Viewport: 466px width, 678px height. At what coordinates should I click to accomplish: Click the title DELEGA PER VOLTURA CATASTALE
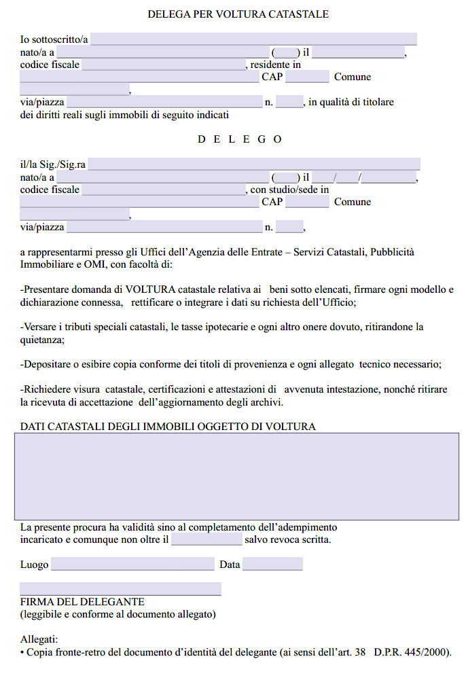(x=238, y=14)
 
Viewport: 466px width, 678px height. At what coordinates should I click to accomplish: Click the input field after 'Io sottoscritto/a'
(x=253, y=39)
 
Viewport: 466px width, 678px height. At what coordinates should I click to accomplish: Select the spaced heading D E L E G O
(x=239, y=139)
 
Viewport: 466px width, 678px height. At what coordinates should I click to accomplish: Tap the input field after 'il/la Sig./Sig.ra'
(x=254, y=164)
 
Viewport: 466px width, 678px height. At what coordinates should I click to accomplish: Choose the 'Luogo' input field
(x=132, y=565)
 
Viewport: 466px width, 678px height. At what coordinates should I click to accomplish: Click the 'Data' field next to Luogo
(x=272, y=565)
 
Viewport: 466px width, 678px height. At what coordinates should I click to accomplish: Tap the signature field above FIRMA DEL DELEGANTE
(x=120, y=589)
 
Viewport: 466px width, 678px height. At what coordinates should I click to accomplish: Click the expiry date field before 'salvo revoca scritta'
(x=207, y=540)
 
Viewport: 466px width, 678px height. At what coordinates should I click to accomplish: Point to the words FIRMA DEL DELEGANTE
(x=82, y=602)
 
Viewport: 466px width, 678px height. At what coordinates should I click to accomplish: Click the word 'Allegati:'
(x=39, y=640)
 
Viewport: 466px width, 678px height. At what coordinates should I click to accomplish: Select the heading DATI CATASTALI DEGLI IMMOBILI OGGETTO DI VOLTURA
(x=168, y=427)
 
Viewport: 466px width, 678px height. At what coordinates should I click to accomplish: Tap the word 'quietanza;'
(x=42, y=340)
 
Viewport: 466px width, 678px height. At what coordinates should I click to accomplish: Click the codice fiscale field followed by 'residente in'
(x=164, y=65)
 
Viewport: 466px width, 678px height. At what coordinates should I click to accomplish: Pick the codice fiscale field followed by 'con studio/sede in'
(x=164, y=190)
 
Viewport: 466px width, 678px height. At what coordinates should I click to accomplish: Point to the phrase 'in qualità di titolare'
(x=351, y=103)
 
